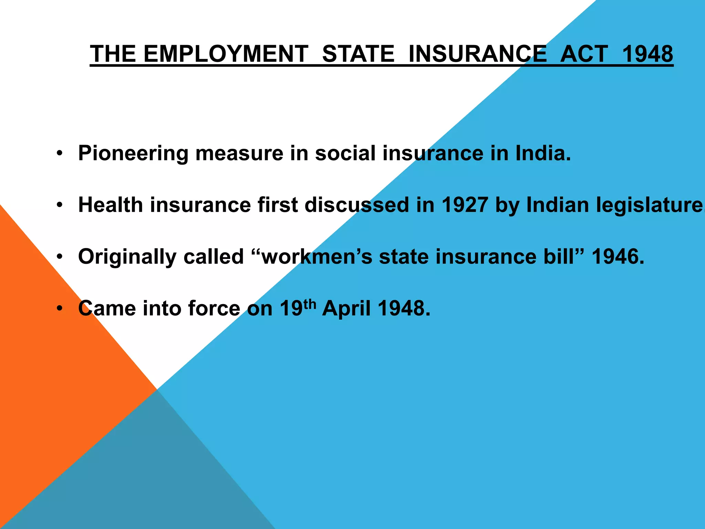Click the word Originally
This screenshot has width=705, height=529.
127,257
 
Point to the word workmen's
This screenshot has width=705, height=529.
317,257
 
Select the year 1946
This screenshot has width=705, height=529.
618,257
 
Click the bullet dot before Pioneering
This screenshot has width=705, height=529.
60,153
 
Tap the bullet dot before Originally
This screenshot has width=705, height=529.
60,257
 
